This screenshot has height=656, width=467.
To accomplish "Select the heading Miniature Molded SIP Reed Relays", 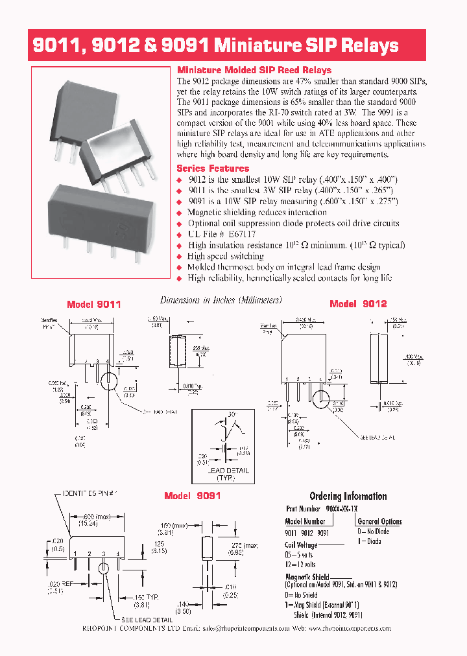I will pyautogui.click(x=254, y=70).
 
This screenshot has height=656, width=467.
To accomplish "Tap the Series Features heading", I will pyautogui.click(x=213, y=168).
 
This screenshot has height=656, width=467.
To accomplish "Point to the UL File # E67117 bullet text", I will pyautogui.click(x=221, y=234).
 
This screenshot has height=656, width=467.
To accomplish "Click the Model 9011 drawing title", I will pyautogui.click(x=94, y=304).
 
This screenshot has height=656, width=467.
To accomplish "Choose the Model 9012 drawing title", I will pyautogui.click(x=358, y=304).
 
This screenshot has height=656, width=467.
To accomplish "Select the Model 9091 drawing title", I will pyautogui.click(x=193, y=495).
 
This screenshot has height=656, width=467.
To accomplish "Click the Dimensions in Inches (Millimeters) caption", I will pyautogui.click(x=221, y=300).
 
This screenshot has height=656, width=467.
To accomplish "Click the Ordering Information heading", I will pyautogui.click(x=348, y=496).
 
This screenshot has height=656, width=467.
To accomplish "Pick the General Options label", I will pyautogui.click(x=379, y=521).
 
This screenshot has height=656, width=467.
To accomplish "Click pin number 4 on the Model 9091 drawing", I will pyautogui.click(x=117, y=554).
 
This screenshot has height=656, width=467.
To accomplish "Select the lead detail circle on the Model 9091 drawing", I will pyautogui.click(x=104, y=568).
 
